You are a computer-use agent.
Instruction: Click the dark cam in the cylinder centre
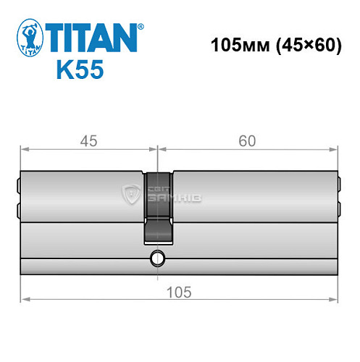coord(159,210)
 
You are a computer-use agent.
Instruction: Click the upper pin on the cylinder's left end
coord(19,183)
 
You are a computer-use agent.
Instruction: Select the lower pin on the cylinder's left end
coord(19,210)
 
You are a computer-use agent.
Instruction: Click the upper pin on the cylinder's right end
coord(338,183)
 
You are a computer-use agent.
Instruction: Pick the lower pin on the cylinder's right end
coord(338,210)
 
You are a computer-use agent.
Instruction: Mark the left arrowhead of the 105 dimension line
coord(24,299)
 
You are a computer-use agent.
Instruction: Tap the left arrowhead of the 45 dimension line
coord(24,150)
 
